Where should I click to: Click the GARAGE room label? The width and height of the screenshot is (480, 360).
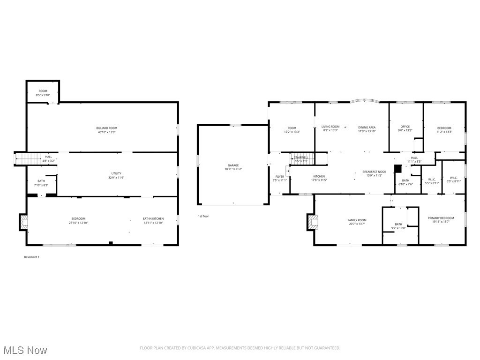pos(233,165)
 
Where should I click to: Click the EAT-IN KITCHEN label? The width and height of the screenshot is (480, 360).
pos(153,219)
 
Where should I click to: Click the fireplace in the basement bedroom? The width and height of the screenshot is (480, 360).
pos(23,222)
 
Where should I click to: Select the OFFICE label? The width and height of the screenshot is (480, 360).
pos(405,127)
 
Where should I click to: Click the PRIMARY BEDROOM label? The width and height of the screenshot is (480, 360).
pos(441,218)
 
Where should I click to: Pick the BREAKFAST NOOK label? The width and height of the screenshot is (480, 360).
pos(374,172)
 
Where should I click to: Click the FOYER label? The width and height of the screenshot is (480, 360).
pos(279,177)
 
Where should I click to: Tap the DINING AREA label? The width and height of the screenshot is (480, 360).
pos(367,127)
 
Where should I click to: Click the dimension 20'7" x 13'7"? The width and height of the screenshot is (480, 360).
pos(357,224)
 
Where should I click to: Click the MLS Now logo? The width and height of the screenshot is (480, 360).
pos(24,350)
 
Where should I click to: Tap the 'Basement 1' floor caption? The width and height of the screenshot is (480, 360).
pos(31,257)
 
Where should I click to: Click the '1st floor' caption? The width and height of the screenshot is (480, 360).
pos(203,216)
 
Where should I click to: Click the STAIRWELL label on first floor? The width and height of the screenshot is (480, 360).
pos(300,157)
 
